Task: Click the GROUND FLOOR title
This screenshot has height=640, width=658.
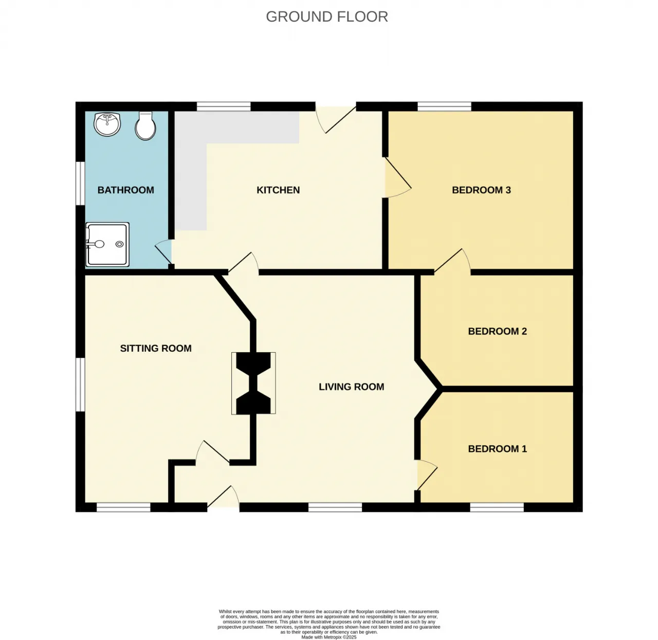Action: [x=326, y=16]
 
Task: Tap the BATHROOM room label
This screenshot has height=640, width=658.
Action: [x=125, y=190]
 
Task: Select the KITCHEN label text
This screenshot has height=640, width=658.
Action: [x=278, y=190]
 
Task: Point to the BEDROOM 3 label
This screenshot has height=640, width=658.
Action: [x=481, y=190]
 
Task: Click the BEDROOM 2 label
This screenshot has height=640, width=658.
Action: [x=498, y=331]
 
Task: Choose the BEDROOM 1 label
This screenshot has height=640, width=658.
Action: [x=498, y=449]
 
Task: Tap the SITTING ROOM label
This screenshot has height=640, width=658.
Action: [x=156, y=348]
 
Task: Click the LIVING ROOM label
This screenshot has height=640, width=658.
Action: [x=351, y=387]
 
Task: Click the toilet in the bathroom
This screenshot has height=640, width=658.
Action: [x=145, y=126]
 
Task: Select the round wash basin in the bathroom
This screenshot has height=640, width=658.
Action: [x=107, y=124]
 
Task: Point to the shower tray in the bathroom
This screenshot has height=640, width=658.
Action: [x=107, y=245]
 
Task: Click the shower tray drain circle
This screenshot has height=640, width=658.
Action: [x=119, y=244]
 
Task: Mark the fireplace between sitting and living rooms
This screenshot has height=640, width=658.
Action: [x=253, y=383]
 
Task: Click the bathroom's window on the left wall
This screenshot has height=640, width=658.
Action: [x=80, y=184]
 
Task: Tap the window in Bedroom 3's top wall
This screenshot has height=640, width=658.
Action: [x=444, y=106]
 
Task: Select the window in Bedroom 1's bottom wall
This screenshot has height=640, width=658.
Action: [x=497, y=507]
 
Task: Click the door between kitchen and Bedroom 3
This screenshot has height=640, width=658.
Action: [x=398, y=177]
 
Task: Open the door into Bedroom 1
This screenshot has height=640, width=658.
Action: [x=427, y=474]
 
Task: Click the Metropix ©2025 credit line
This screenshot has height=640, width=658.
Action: [x=328, y=637]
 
